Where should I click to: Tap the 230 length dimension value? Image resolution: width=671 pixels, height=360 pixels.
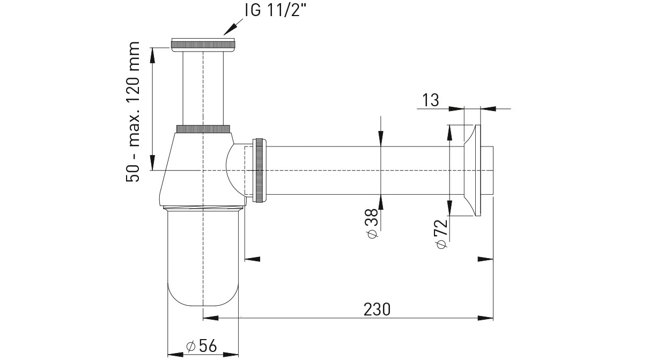tap(377, 310)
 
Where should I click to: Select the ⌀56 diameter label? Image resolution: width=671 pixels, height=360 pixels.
tap(201, 347)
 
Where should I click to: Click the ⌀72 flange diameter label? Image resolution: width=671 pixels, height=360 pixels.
tap(442, 234)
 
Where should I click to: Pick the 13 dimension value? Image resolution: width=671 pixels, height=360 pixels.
tap(431, 100)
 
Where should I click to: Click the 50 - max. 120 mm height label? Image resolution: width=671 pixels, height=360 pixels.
tap(132, 112)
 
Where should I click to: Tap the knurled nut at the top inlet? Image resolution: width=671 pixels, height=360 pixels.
tap(203, 45)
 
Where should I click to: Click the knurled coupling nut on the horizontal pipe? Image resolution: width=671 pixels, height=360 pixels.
tap(259, 170)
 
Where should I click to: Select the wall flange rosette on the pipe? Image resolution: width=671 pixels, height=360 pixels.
tap(473, 170)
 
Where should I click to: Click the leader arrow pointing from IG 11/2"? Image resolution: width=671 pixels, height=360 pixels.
tap(233, 27)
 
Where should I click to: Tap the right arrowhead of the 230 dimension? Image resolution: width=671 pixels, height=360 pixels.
tap(485, 318)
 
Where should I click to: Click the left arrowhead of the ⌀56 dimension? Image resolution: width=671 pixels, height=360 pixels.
tap(175, 354)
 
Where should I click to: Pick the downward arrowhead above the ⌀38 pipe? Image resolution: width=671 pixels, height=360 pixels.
tap(380, 138)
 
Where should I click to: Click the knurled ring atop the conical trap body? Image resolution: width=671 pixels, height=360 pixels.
tap(203, 129)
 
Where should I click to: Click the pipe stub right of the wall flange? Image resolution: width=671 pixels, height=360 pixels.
tap(487, 170)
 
